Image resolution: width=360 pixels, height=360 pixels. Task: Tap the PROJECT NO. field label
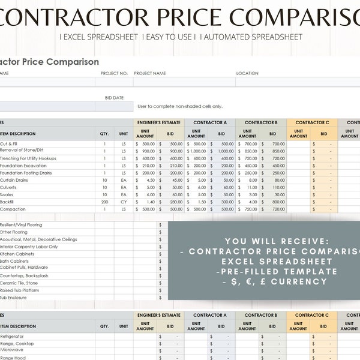tap(114, 73)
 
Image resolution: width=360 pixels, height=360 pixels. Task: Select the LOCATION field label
tap(247, 73)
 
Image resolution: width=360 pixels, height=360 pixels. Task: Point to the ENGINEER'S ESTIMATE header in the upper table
tap(160, 122)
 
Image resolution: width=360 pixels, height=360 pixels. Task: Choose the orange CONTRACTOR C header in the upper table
tap(312, 122)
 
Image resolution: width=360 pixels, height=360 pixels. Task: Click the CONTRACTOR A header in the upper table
tap(210, 122)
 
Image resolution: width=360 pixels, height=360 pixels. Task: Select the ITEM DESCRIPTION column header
tap(18, 134)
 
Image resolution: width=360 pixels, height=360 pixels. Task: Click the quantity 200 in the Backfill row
tap(104, 202)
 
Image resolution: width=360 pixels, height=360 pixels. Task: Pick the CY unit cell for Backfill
tap(124, 202)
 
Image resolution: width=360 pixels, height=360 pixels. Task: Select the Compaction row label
tap(14, 209)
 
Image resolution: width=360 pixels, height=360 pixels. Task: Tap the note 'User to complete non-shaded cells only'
tap(180, 106)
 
